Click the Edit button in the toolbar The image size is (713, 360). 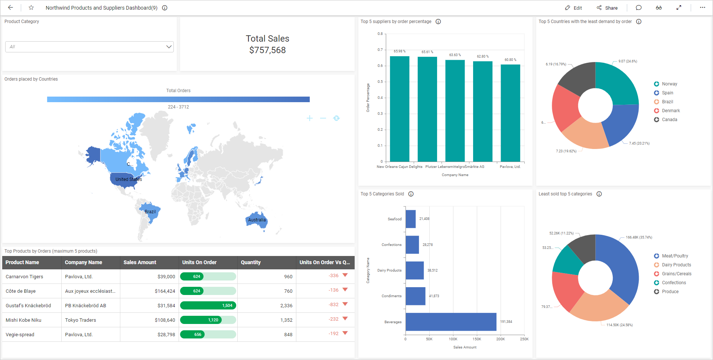point(573,8)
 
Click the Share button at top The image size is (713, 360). point(607,8)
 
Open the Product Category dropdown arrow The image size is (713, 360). point(169,47)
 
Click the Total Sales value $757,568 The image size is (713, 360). point(267,50)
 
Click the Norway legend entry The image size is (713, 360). point(669,84)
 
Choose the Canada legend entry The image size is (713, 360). point(669,120)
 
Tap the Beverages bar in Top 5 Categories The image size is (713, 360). point(451,322)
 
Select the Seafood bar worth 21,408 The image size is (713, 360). point(410,219)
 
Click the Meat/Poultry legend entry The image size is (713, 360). point(674,256)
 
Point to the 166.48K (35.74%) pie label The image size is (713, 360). point(639,237)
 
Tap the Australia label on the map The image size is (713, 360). point(257,220)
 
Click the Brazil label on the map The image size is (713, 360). point(150,212)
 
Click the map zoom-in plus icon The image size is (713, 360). point(310,118)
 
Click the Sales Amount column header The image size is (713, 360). point(140,262)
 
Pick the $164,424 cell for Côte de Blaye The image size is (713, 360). point(165,291)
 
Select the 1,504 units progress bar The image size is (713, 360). point(208,305)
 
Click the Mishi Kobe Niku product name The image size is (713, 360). point(23,320)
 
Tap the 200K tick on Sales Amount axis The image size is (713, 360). point(500,339)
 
